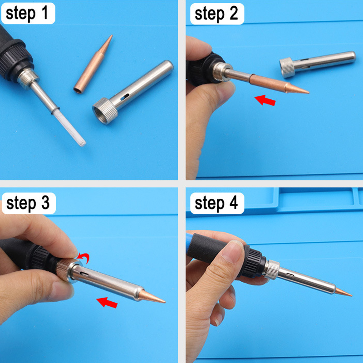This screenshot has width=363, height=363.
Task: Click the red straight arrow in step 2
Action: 265,100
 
